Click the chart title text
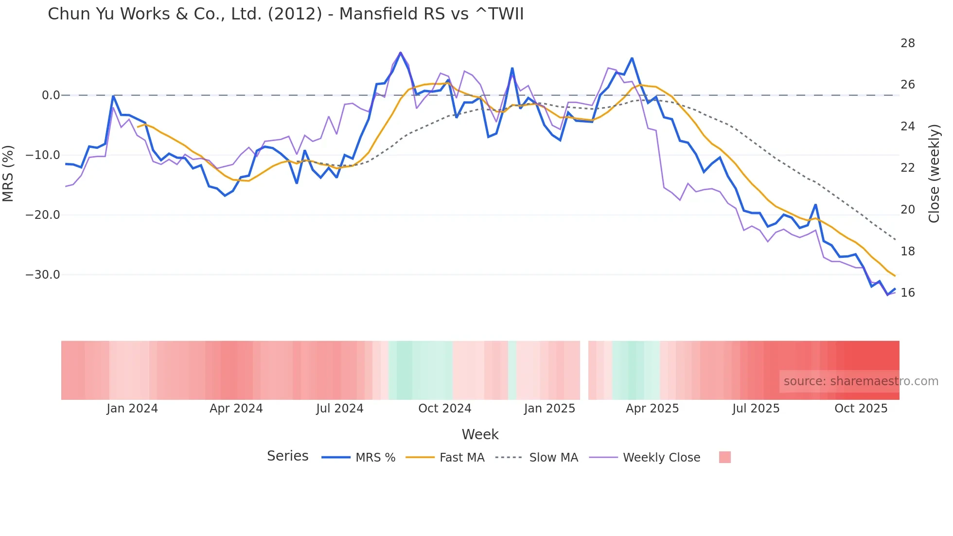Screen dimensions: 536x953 [285, 14]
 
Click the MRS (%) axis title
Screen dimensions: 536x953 [8, 173]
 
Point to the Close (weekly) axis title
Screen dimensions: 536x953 [934, 173]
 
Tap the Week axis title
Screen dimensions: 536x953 [480, 434]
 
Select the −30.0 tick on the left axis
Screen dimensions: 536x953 [43, 275]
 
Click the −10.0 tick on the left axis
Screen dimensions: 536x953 [43, 155]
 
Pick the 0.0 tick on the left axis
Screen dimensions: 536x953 [51, 95]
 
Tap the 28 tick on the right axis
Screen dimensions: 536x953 [907, 43]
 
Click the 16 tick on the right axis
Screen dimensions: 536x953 [907, 293]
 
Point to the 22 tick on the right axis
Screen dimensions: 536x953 [907, 168]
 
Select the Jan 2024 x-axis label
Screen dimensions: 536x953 [132, 409]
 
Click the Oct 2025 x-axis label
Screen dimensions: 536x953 [861, 409]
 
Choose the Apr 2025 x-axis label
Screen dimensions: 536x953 [652, 409]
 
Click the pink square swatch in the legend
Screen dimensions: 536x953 [724, 457]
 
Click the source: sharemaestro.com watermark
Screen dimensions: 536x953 [861, 381]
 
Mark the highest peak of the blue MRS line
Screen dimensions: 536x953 [401, 53]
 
